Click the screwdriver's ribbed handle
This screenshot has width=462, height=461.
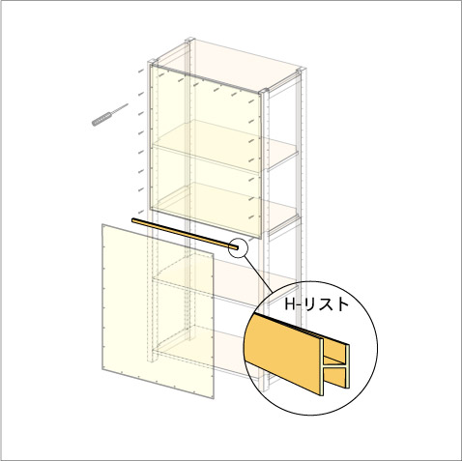(x=101, y=118)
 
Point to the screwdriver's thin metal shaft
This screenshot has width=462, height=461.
(x=120, y=108)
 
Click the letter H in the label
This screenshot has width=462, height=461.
(x=290, y=304)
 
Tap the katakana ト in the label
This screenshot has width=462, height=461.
(x=342, y=304)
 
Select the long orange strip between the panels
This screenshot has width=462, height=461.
(x=186, y=234)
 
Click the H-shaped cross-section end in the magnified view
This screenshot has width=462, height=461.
(x=335, y=366)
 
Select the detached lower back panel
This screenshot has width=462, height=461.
(x=158, y=311)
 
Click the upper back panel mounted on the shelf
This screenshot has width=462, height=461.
(x=205, y=151)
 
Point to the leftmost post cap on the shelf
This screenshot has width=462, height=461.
(x=152, y=61)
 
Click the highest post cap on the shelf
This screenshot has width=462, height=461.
(x=190, y=40)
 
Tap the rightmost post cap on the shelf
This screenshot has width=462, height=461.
(x=301, y=71)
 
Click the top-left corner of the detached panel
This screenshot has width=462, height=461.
(x=102, y=224)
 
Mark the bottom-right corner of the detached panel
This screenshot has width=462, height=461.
(x=214, y=398)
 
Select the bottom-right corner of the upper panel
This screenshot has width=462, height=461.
(x=260, y=238)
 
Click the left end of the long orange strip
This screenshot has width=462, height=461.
(x=132, y=219)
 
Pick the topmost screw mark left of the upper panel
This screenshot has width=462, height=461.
(x=141, y=71)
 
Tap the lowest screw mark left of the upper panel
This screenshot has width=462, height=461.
(x=141, y=212)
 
